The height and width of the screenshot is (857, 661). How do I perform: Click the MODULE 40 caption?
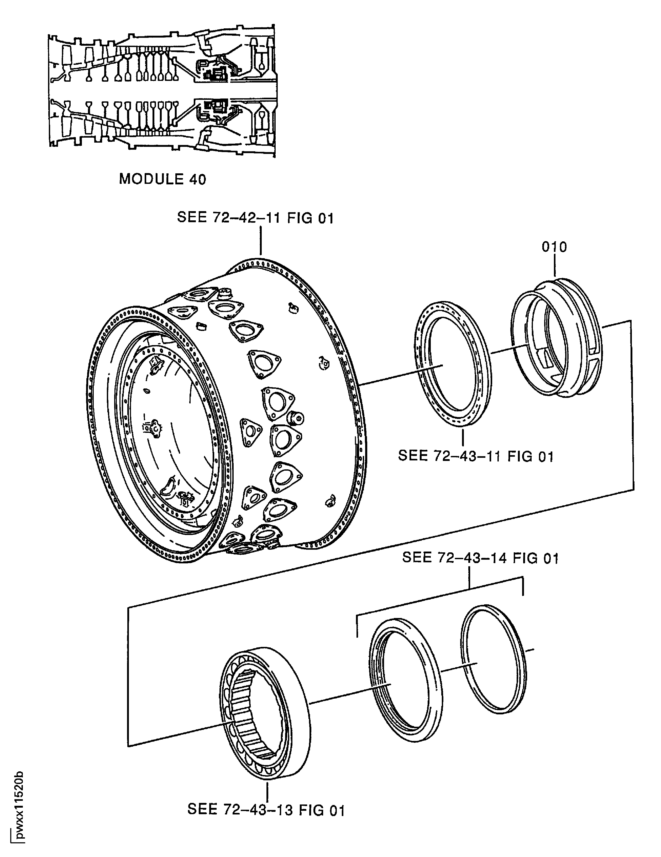click(162, 179)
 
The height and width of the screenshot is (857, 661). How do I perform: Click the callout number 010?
click(554, 247)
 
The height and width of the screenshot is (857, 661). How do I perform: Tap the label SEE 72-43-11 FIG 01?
click(475, 456)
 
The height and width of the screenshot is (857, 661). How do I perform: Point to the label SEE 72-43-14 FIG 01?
click(480, 558)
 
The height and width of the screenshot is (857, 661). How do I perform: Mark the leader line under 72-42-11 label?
click(260, 241)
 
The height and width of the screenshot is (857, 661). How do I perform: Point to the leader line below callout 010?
click(555, 267)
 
